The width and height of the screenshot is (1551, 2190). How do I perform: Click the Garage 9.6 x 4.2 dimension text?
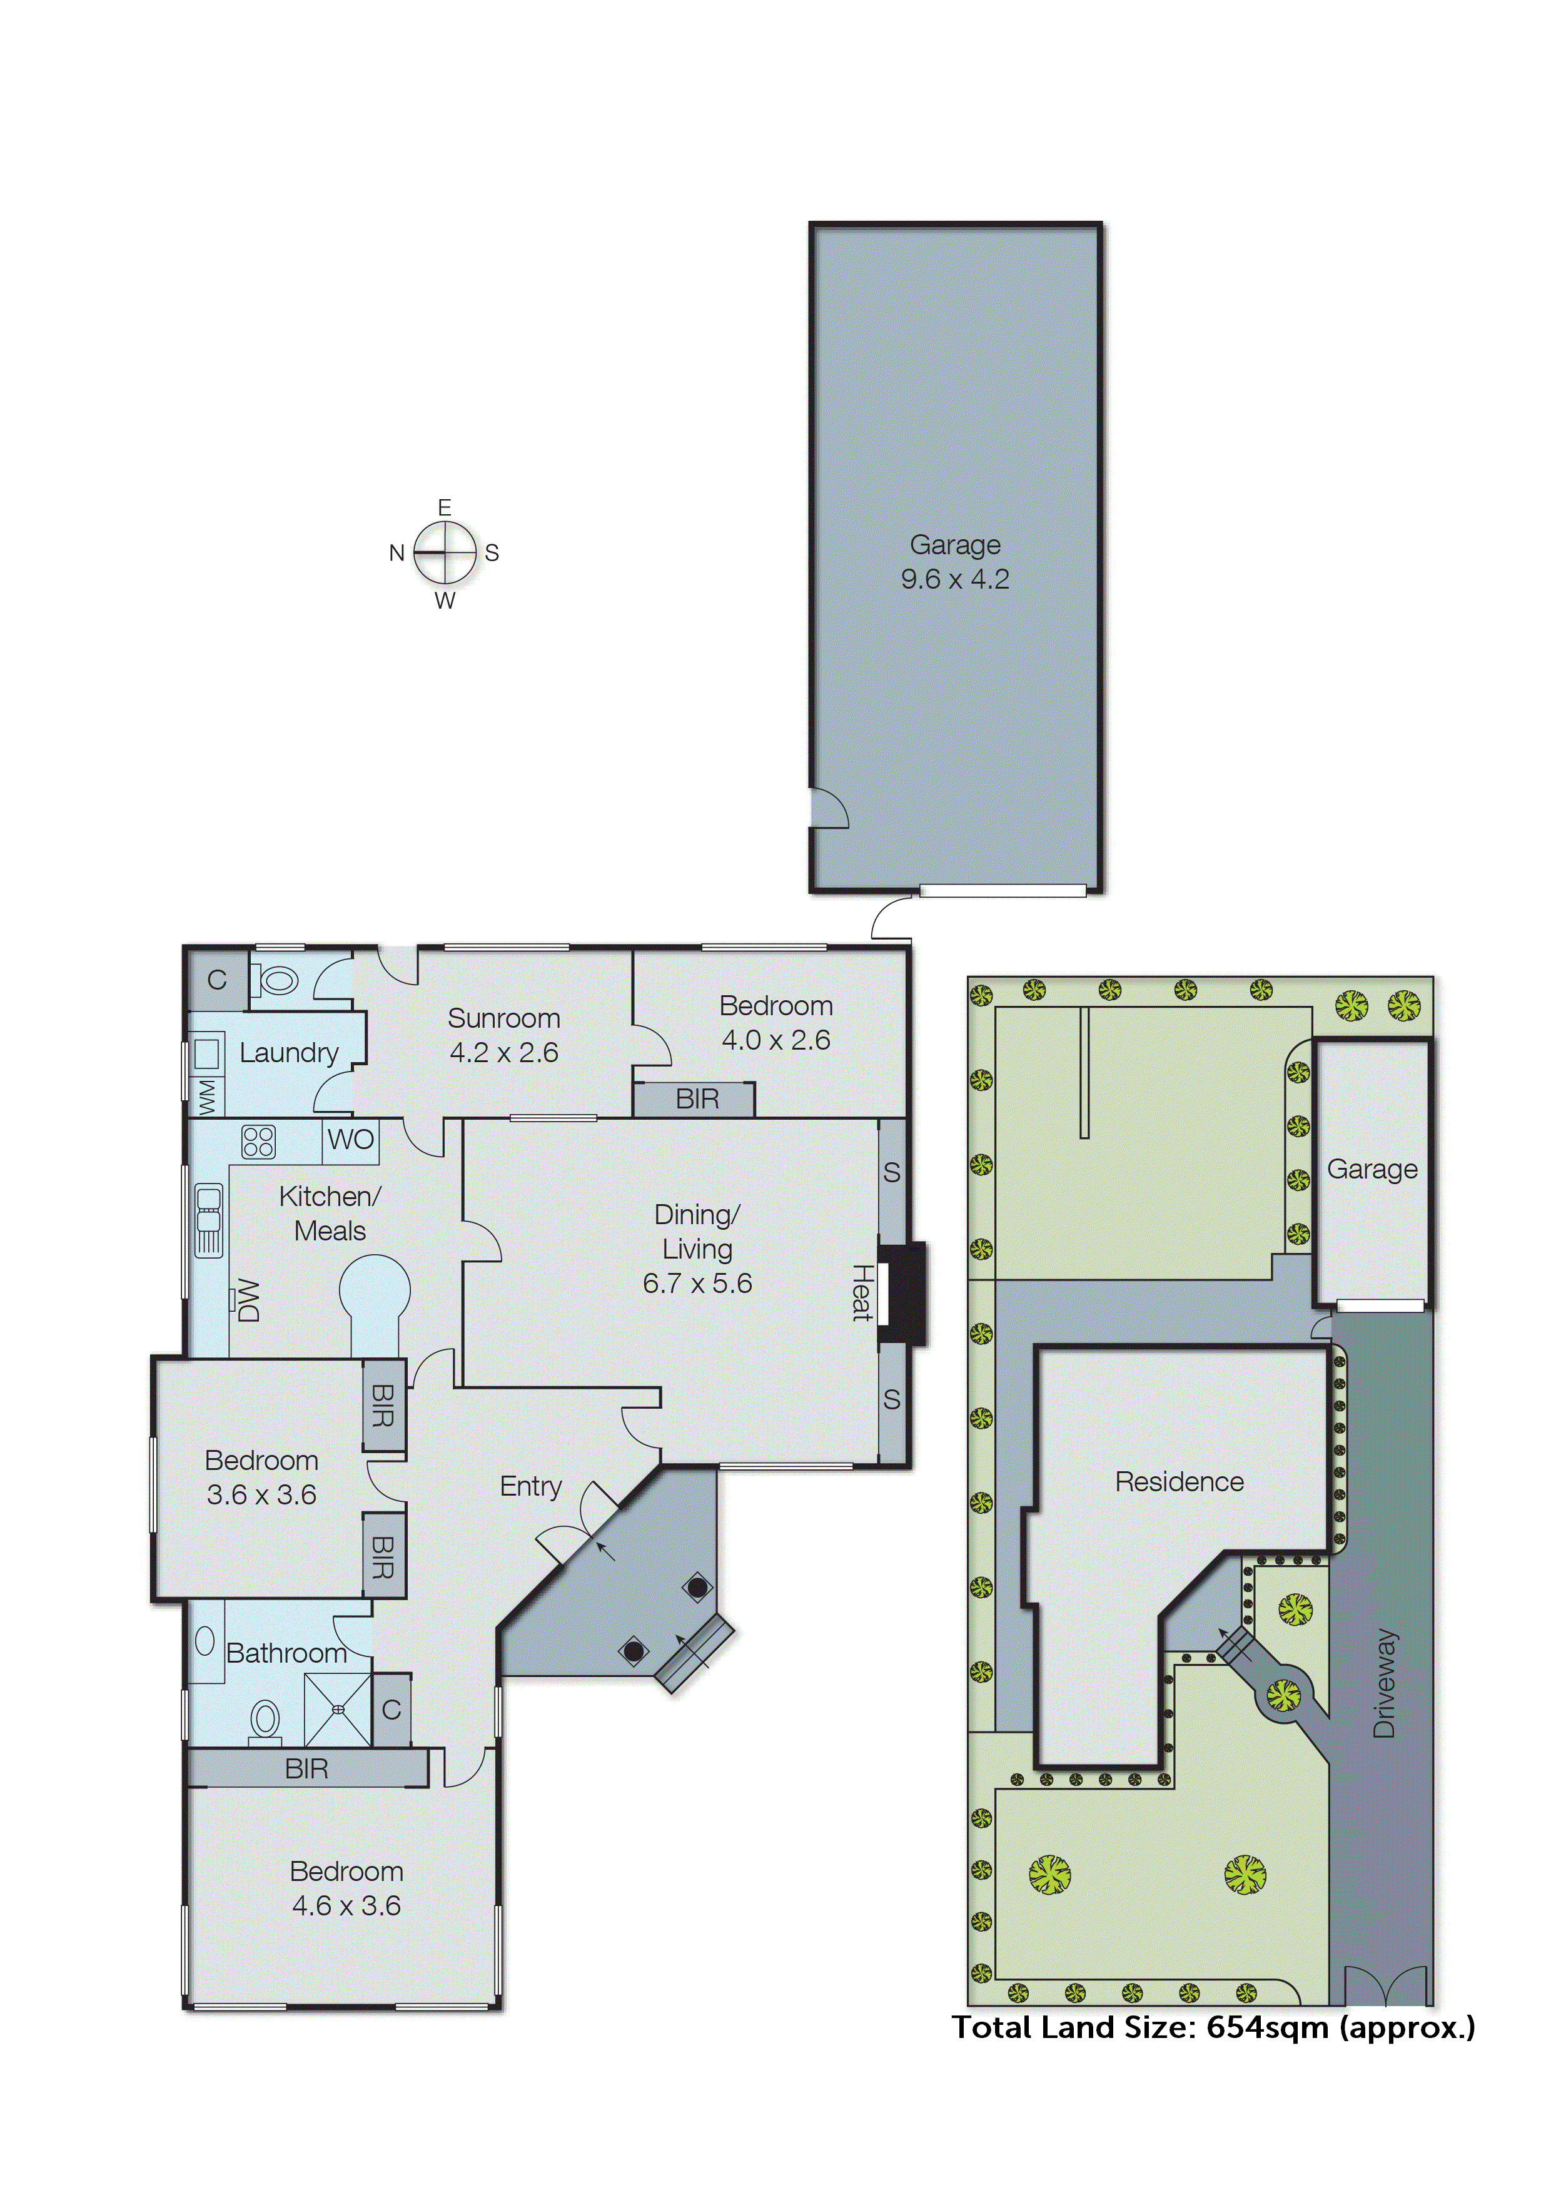tap(954, 579)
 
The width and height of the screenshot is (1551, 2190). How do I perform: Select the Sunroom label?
tap(503, 1018)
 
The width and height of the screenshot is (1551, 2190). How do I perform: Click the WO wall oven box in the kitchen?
tap(350, 1139)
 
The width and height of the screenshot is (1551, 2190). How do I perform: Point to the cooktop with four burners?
tap(258, 1142)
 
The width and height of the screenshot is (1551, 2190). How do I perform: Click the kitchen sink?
tap(208, 1220)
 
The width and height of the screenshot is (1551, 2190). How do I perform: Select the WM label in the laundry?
tap(207, 1097)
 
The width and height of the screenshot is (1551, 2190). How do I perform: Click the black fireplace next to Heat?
tap(902, 1294)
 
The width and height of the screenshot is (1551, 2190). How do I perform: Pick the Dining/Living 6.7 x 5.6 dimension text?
tap(697, 1283)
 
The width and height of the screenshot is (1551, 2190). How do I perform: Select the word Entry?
tap(530, 1486)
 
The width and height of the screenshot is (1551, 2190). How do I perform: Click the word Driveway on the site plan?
tap(1384, 1682)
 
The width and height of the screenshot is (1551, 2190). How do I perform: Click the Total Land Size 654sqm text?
tap(1213, 2027)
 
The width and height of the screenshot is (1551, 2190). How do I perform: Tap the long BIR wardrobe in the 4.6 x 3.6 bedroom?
tap(306, 1769)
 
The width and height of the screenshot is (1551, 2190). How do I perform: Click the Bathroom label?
tap(286, 1653)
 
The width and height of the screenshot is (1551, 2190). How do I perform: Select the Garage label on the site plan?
tap(1372, 1169)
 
